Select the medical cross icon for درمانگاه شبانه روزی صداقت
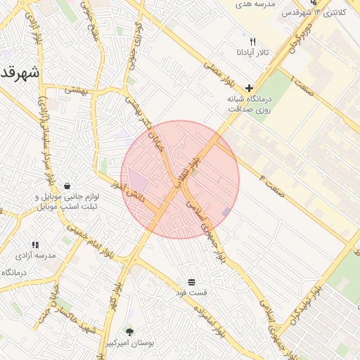(249, 88)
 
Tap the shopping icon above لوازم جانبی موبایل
(66, 186)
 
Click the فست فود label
(192, 292)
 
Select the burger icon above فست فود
(192, 281)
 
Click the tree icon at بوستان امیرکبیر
(129, 331)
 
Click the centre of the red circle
(180, 179)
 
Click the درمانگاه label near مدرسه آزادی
(14, 273)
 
